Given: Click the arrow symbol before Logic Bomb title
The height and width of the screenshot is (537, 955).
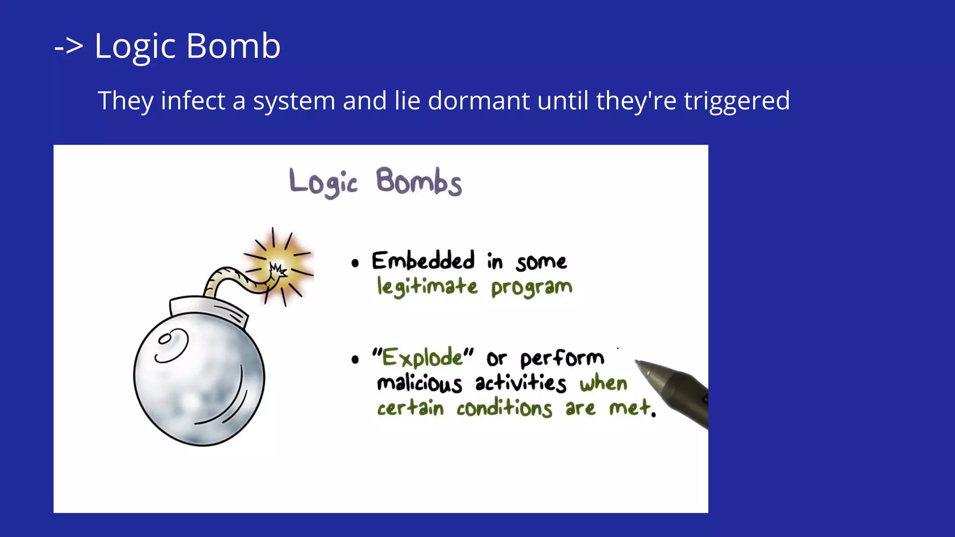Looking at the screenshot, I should [x=69, y=47].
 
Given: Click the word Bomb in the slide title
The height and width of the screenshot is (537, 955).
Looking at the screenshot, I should [x=233, y=46].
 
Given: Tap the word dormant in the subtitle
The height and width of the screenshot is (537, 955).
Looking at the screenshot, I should [x=478, y=100].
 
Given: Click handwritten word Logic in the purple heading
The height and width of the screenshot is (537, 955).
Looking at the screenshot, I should [x=323, y=182].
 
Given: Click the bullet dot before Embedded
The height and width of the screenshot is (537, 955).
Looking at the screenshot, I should [x=355, y=263].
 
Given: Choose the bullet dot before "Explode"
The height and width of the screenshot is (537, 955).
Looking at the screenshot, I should [x=355, y=359].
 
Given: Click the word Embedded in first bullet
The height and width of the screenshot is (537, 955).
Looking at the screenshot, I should [x=423, y=261].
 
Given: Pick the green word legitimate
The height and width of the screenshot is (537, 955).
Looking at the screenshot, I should [x=427, y=286].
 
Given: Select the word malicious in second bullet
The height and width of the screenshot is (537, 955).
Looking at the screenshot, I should [x=419, y=384].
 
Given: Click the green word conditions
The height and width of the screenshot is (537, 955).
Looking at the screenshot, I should [x=504, y=409].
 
